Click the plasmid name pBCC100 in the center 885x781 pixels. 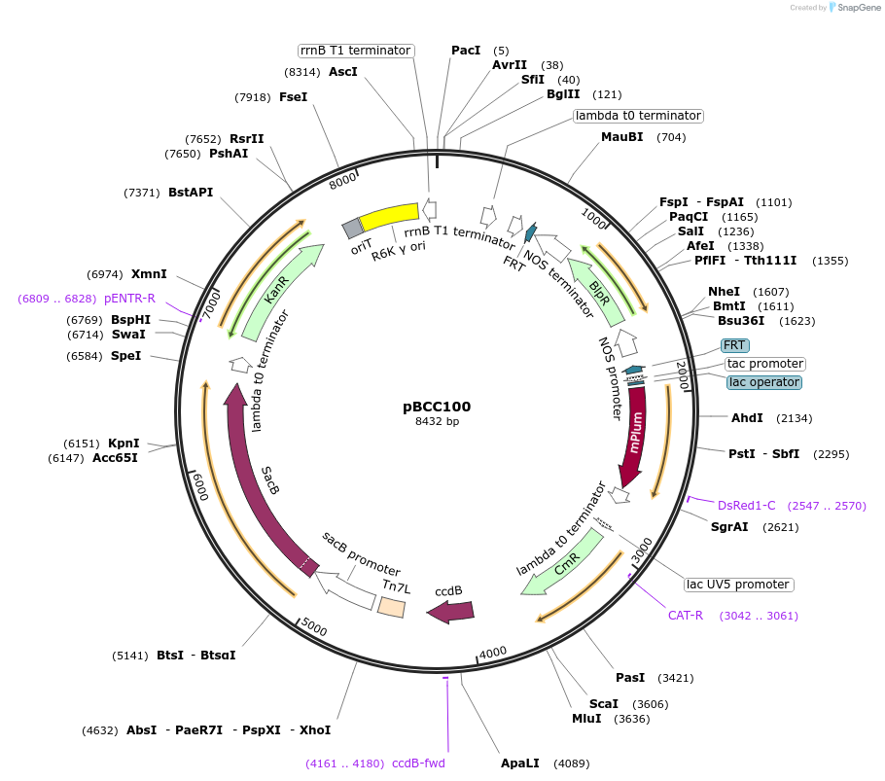coord(437,407)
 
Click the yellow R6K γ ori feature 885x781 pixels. coord(389,215)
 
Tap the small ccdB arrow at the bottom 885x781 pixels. coord(450,611)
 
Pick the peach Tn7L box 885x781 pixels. coord(391,606)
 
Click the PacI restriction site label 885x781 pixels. coord(466,51)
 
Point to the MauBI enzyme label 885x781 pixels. coord(621,137)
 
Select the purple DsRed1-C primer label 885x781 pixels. coord(746,505)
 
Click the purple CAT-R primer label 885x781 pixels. coord(685,616)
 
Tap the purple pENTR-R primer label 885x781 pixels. coord(129,299)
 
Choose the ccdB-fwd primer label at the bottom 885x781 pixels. coord(418,763)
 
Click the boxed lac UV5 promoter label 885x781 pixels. coord(738,585)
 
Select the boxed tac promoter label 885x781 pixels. coord(764,364)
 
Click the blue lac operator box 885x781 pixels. coord(763,382)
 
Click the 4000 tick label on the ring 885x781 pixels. coord(493,652)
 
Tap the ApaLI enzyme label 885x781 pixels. coord(519,763)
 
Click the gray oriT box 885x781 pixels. coord(353,230)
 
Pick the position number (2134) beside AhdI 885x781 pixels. coord(794,418)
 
